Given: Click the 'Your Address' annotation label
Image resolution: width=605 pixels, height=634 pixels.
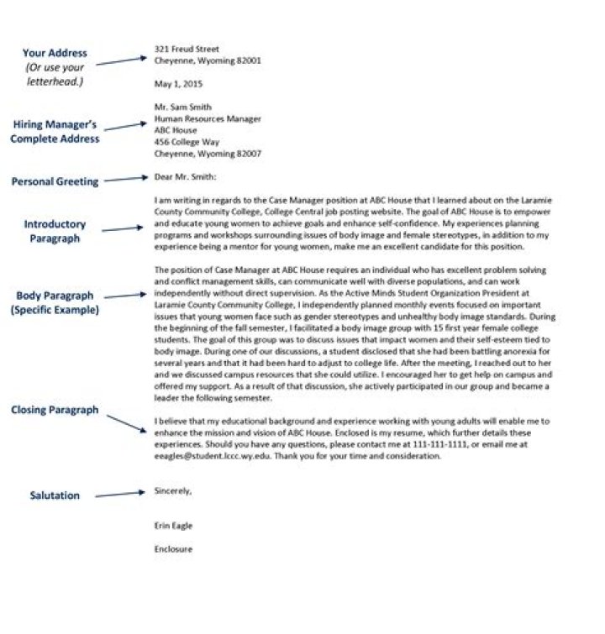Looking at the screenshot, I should point(55,53).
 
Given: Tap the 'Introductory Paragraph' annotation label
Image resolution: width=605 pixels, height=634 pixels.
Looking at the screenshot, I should point(55,231).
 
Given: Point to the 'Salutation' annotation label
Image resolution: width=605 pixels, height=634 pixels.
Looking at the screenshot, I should point(55,495).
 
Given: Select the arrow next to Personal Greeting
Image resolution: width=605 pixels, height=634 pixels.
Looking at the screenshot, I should point(127,179).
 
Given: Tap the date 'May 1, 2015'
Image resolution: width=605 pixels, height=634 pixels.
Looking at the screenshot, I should point(178,84).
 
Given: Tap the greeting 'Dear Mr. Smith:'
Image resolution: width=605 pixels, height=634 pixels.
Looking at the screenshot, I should point(186,177).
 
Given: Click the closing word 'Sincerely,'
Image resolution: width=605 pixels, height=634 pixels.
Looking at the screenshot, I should point(173,490).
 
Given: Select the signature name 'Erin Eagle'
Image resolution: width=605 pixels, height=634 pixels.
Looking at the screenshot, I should point(174,526).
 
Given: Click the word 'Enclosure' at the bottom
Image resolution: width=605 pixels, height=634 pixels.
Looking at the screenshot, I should point(174,549).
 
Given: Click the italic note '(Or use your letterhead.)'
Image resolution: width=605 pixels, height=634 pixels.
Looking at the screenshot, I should point(55,74).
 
